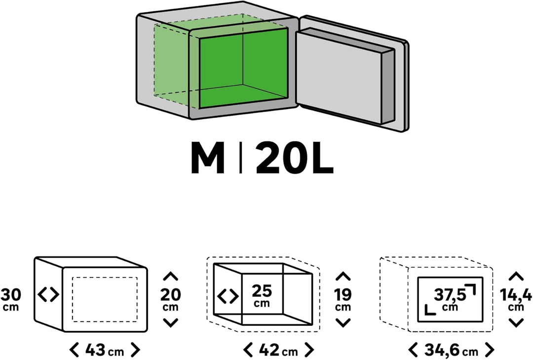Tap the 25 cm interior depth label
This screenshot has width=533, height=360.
point(262,295)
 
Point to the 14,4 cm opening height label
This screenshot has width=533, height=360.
point(516,298)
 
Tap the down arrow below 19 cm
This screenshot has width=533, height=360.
point(343,322)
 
